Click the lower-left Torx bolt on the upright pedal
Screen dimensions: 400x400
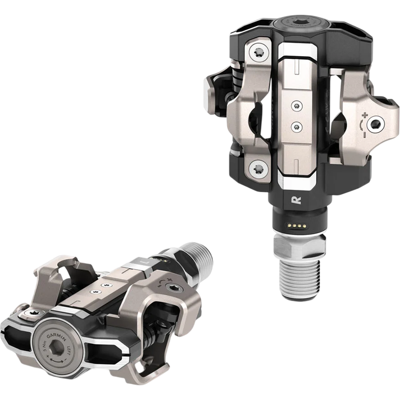pos(259,167)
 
